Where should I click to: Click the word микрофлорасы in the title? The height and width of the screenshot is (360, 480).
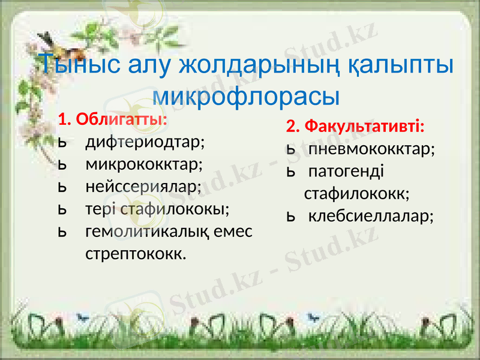pyautogui.click(x=246, y=95)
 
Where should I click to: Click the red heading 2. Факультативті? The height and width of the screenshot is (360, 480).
pyautogui.click(x=355, y=127)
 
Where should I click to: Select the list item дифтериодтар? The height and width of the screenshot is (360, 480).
pyautogui.click(x=145, y=142)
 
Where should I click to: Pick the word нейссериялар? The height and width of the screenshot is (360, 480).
pyautogui.click(x=143, y=186)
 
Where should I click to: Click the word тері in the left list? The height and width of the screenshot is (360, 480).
pyautogui.click(x=101, y=208)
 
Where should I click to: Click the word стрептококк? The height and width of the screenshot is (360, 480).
pyautogui.click(x=136, y=253)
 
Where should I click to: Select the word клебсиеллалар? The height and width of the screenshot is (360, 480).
pyautogui.click(x=371, y=215)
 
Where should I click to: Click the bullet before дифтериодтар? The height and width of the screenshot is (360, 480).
pyautogui.click(x=62, y=143)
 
